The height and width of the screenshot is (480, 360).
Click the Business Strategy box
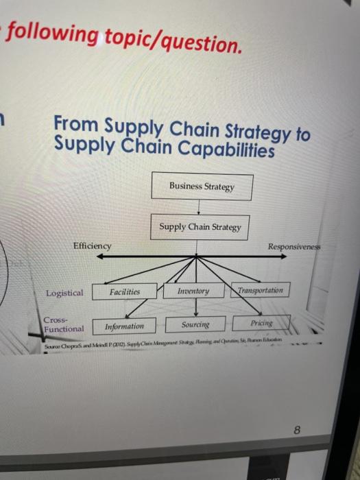[x=201, y=187]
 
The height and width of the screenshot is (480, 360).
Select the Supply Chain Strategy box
[x=200, y=227]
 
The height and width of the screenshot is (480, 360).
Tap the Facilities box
[x=124, y=291]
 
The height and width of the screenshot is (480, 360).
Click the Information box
[x=124, y=326]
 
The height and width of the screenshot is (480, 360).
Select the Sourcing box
[x=195, y=324]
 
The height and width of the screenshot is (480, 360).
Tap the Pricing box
[x=261, y=322]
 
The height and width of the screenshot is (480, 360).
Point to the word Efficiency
[x=92, y=245]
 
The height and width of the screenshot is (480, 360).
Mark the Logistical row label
[x=64, y=293]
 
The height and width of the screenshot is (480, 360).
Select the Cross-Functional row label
[x=63, y=324]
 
